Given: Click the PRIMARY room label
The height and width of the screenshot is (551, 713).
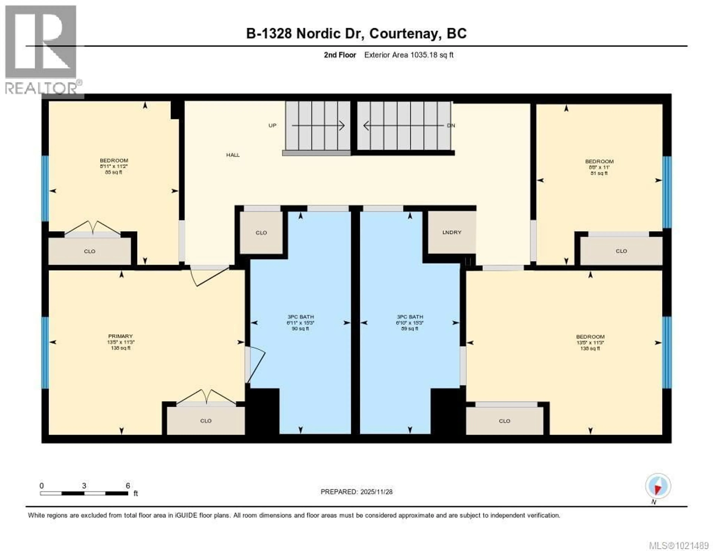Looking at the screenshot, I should (121, 336).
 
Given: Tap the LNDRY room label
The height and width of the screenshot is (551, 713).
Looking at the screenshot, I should (452, 232).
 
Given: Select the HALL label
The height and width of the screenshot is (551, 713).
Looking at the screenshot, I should (233, 155).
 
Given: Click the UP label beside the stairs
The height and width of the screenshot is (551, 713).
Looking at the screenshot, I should (272, 125).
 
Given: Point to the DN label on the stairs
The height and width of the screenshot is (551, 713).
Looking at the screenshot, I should (451, 125).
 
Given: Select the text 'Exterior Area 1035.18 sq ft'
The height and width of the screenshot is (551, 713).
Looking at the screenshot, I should (409, 55).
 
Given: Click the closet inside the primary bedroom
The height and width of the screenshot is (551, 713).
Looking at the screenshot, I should (206, 421).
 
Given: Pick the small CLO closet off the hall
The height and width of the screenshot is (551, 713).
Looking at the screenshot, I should (261, 233).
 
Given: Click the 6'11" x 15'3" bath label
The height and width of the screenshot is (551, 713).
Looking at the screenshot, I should (300, 323).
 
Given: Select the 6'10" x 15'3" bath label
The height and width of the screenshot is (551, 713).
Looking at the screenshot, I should (410, 323).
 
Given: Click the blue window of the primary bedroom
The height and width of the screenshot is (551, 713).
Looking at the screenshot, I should (45, 353).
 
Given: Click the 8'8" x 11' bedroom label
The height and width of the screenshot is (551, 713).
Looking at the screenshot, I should (599, 167).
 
